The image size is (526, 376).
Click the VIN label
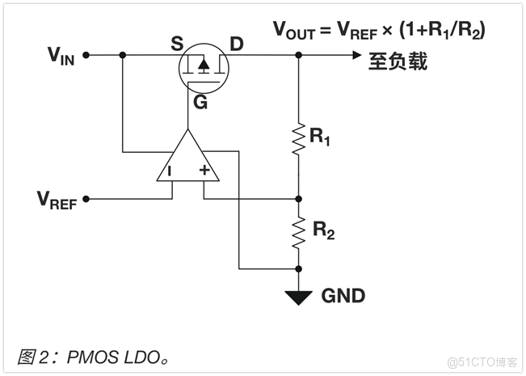coord(61,56)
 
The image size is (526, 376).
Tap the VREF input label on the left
coord(57,199)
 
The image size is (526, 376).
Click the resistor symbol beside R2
coord(299,232)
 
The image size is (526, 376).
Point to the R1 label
coord(321,137)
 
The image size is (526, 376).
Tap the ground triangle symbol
coord(299,297)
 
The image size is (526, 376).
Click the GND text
coord(343,296)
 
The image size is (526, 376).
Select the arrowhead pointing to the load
coord(356,55)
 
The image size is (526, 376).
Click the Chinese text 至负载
coord(398,62)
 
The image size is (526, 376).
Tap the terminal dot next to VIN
coord(86,56)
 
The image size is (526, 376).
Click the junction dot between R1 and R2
coord(299,197)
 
